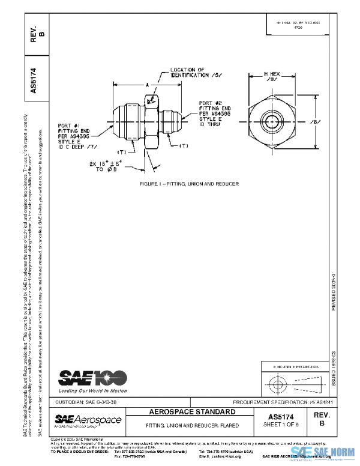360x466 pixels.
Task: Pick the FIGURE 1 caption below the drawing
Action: pyautogui.click(x=181, y=182)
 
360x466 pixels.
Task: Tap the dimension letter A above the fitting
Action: pyautogui.click(x=146, y=85)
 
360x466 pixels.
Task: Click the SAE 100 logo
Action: pyautogui.click(x=92, y=377)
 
